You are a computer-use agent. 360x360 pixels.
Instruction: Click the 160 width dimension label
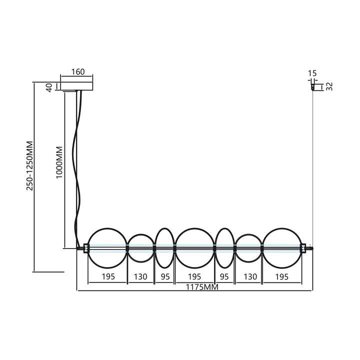(78, 72)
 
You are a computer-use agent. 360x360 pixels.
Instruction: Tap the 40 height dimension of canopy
(49, 87)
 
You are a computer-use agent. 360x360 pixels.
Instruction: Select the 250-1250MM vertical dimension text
(30, 166)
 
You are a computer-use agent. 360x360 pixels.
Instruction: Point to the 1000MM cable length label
(59, 162)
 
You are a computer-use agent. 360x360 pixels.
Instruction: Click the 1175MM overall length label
(202, 287)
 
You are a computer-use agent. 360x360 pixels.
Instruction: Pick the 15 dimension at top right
(312, 73)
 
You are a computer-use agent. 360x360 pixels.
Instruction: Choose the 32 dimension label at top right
(329, 86)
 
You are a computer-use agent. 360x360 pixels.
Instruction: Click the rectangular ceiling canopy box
(76, 86)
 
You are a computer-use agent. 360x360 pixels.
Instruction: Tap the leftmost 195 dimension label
(108, 276)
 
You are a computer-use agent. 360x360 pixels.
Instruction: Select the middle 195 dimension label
(194, 276)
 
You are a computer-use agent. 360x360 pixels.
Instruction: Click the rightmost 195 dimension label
(281, 276)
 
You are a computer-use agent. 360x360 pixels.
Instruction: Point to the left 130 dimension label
(140, 276)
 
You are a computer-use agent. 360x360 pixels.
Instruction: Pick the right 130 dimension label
(250, 276)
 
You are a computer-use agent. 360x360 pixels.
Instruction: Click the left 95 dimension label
(165, 276)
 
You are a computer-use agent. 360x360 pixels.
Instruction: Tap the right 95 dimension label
(224, 276)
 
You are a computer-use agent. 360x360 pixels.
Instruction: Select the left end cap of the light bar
(86, 248)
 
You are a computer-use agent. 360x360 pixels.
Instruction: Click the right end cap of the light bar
(303, 248)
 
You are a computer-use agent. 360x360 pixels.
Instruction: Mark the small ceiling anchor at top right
(312, 87)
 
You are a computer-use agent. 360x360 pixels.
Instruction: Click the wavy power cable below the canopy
(77, 169)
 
